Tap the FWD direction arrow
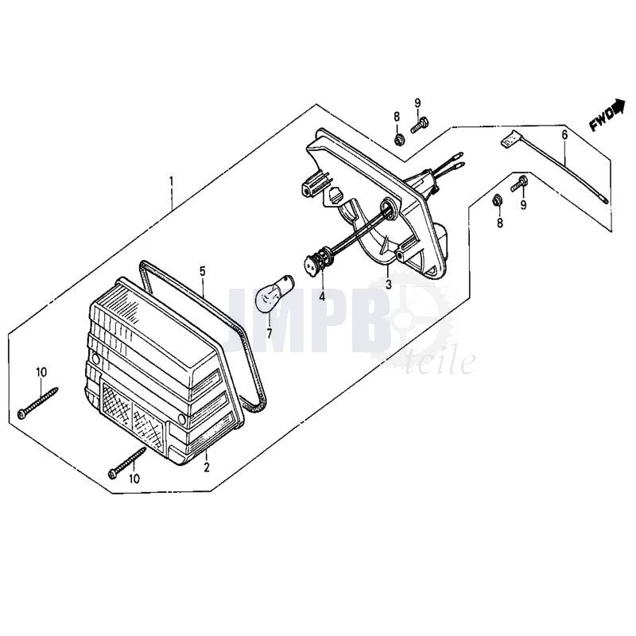point(619,106)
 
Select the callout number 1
point(171,180)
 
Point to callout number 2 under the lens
point(207,467)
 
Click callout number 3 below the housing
point(389,285)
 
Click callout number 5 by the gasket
point(203,270)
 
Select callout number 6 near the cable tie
point(564,134)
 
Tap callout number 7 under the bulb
point(270,333)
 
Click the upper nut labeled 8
point(398,140)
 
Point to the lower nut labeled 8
point(495,200)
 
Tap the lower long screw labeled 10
point(127,463)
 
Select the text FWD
point(601,121)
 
